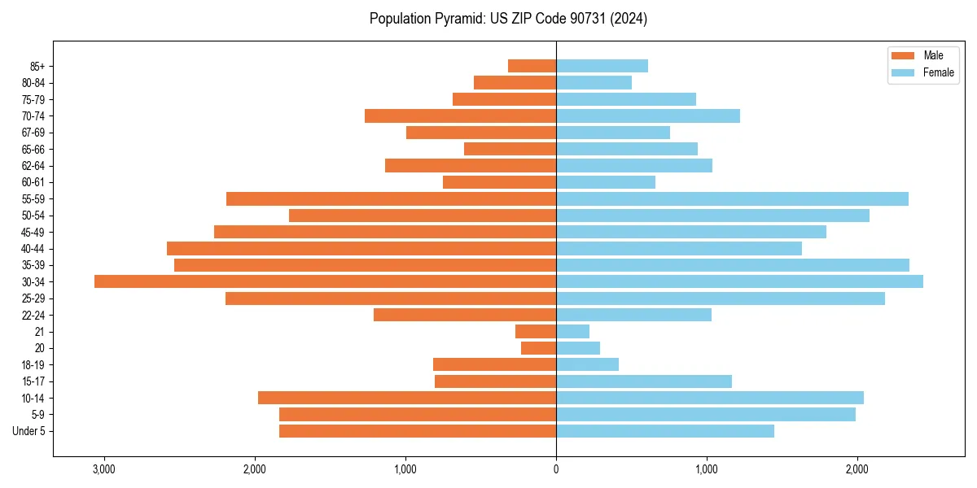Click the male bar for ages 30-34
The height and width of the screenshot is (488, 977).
(325, 281)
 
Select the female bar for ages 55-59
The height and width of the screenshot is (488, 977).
(732, 198)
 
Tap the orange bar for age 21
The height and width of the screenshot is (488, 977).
(536, 332)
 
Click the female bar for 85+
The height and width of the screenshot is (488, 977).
(602, 66)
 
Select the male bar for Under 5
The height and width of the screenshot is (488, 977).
(418, 431)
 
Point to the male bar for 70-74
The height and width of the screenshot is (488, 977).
(460, 115)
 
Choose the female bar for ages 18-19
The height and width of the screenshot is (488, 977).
(587, 364)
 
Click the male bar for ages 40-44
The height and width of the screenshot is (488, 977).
(361, 248)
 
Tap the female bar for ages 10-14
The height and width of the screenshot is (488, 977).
(710, 398)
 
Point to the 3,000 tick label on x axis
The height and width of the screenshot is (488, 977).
(104, 468)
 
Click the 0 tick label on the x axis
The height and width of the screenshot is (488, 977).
(556, 468)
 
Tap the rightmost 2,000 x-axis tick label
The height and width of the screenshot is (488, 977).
(857, 468)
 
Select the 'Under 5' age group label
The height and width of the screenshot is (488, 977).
(29, 431)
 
